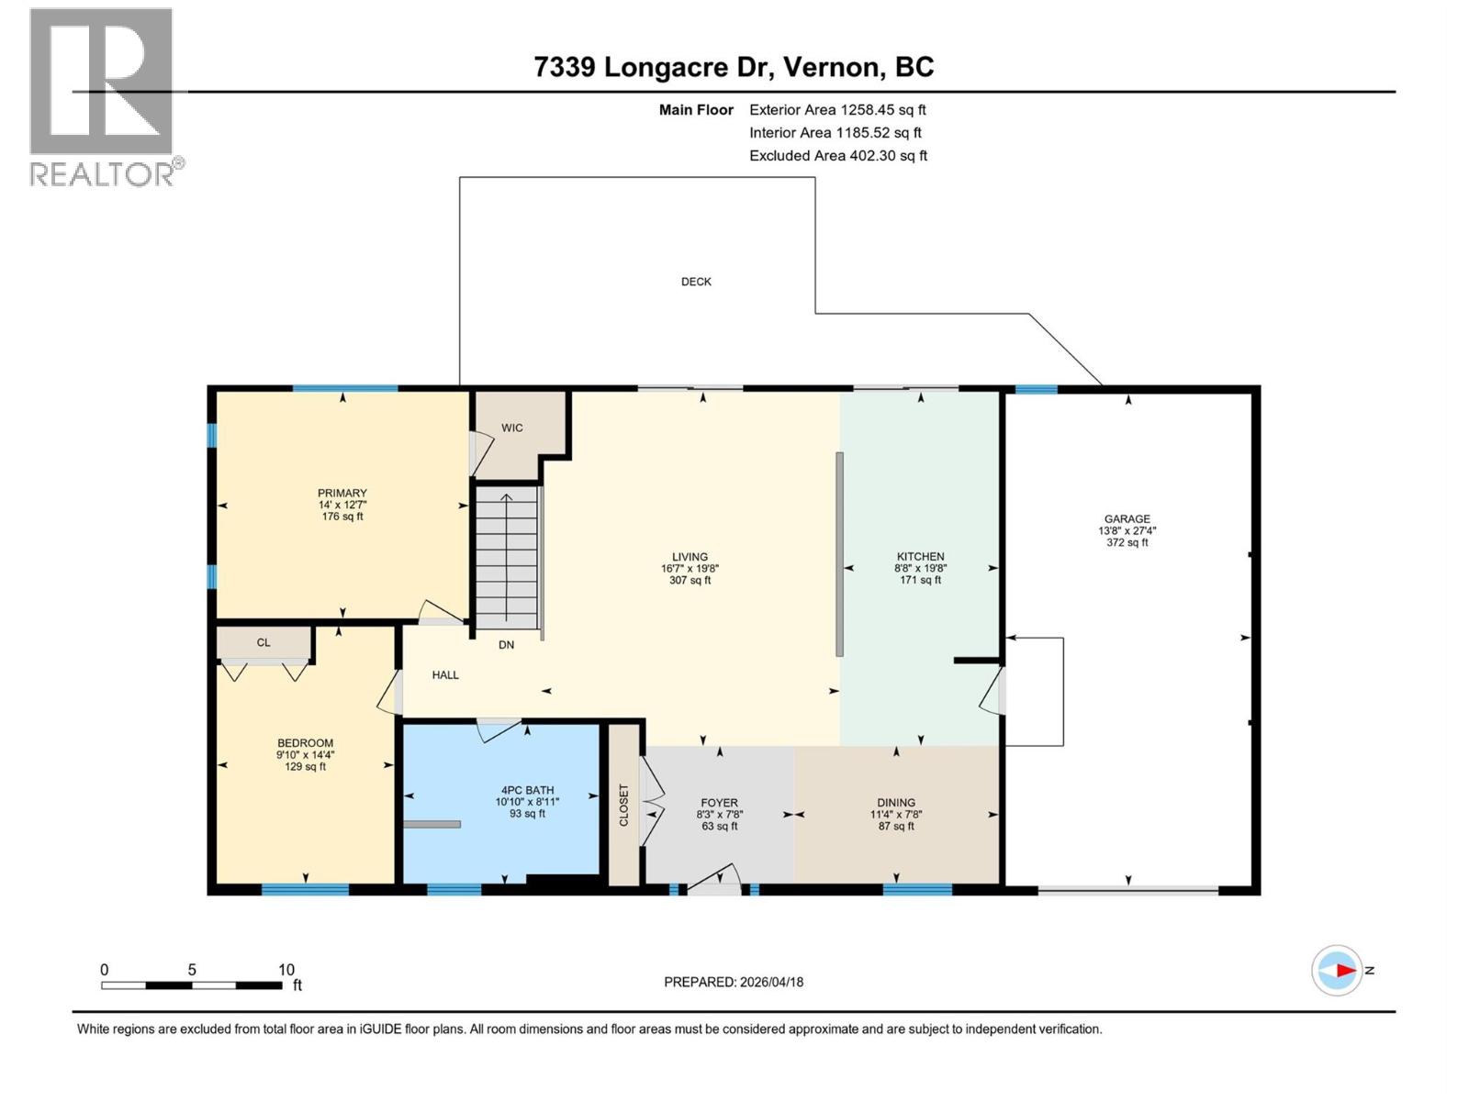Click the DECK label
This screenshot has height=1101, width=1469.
(696, 282)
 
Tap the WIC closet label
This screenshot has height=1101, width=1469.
(511, 428)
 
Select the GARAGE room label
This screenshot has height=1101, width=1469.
(1127, 518)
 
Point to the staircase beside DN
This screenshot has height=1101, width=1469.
(506, 558)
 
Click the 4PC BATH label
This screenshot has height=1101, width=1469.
(527, 790)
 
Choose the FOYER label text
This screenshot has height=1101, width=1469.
(719, 803)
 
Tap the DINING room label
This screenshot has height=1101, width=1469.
(895, 802)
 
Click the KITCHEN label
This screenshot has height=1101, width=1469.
(920, 556)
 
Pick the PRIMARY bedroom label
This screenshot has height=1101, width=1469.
(342, 493)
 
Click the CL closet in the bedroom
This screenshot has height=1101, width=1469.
(264, 642)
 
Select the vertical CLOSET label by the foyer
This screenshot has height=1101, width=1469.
(623, 805)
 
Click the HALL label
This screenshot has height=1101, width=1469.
(445, 674)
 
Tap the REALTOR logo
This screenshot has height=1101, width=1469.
(102, 96)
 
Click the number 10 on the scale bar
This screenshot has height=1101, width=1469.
(286, 970)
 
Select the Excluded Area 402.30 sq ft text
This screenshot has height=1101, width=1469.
(837, 156)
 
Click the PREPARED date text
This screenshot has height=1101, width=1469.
(733, 982)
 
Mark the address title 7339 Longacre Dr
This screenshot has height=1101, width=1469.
(734, 67)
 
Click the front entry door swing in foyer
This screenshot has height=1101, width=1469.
(716, 878)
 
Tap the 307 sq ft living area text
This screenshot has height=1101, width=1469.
(690, 580)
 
